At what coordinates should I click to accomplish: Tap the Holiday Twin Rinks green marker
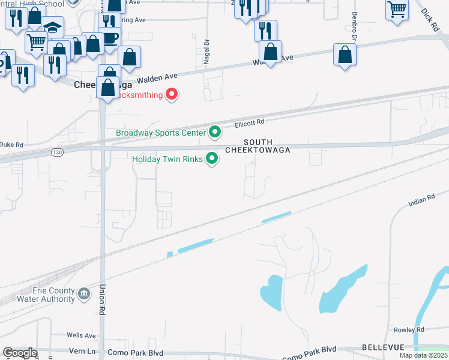click(x=212, y=158)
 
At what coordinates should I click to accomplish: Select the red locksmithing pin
click(x=172, y=94)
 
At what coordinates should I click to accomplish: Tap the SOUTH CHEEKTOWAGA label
click(x=258, y=146)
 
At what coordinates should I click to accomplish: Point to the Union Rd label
click(x=102, y=300)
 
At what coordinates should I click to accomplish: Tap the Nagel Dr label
click(x=206, y=52)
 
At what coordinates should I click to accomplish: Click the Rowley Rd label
click(x=409, y=330)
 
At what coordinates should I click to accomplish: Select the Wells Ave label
click(x=82, y=335)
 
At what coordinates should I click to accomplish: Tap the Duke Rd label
click(x=11, y=145)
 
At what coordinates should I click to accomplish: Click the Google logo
click(x=20, y=353)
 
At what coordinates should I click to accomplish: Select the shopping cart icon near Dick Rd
click(x=397, y=10)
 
